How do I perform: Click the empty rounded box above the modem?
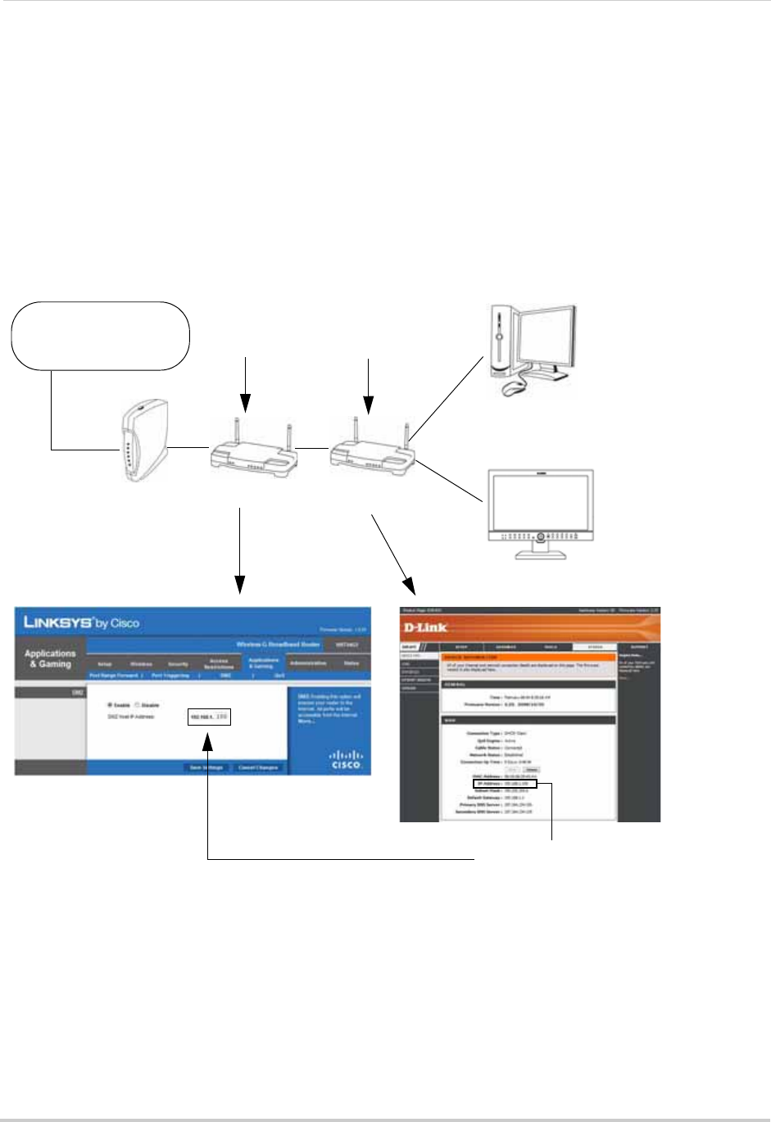tap(100, 335)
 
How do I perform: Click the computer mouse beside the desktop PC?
tap(515, 387)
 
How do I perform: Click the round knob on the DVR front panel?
tap(542, 538)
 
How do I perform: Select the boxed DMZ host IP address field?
tap(209, 717)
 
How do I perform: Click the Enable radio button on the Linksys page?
tap(110, 704)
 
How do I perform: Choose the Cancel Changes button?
tap(258, 767)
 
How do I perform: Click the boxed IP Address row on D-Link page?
tap(506, 784)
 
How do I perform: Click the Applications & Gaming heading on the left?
tap(50, 658)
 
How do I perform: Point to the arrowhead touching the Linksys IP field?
tap(209, 740)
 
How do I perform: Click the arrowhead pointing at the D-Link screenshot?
tap(409, 587)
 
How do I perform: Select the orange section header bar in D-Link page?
tap(528, 657)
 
